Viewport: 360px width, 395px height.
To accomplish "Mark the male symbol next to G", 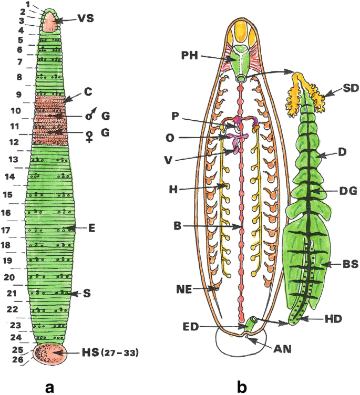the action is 89,115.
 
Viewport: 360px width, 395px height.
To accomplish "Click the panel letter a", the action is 50,387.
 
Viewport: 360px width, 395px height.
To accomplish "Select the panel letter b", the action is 243,387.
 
